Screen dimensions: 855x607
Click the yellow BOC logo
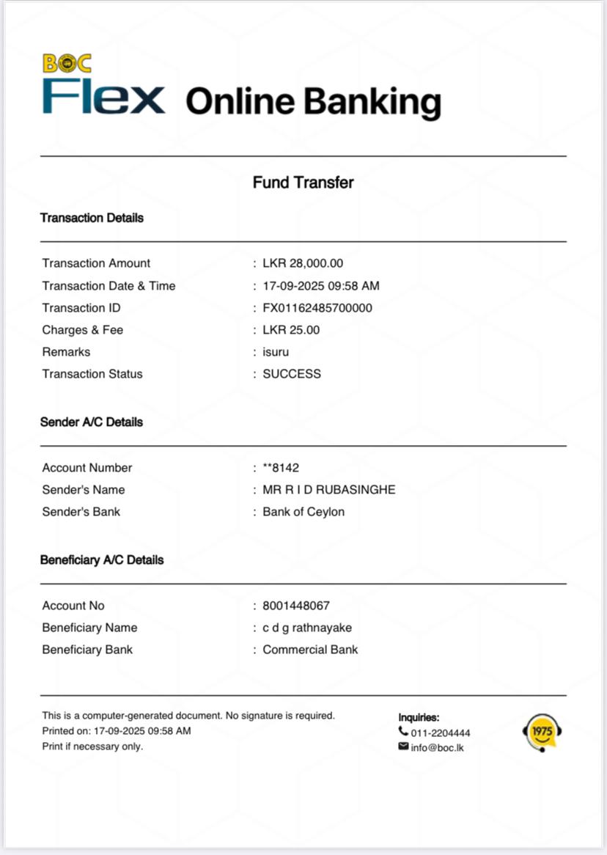click(67, 64)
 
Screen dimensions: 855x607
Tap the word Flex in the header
click(103, 97)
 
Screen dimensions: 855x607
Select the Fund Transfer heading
click(303, 183)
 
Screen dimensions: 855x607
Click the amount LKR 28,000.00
click(303, 263)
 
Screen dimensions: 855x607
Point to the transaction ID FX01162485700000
click(317, 308)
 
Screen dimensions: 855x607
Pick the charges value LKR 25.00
click(291, 330)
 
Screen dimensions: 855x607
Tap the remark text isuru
click(276, 352)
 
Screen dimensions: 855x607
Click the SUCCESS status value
click(292, 374)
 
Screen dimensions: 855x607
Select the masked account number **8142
click(281, 468)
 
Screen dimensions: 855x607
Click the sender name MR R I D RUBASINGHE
click(329, 490)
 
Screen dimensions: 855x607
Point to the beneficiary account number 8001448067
click(296, 606)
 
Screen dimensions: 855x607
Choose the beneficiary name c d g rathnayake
click(307, 628)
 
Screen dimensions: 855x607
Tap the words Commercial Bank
click(310, 650)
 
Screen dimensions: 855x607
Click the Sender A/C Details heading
click(92, 422)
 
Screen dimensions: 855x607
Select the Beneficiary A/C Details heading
click(102, 560)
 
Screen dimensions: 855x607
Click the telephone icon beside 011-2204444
click(403, 732)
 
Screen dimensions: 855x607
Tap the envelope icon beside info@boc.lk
click(403, 746)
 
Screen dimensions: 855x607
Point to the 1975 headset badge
click(542, 733)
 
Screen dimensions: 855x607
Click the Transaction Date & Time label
click(108, 286)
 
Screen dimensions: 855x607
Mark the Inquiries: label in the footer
click(419, 718)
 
